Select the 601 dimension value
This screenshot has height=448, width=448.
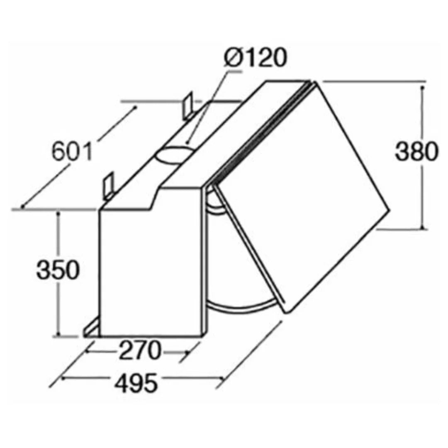[x=72, y=152]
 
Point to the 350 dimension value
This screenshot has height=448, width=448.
[x=57, y=270]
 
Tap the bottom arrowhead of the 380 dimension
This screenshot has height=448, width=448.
[x=423, y=226]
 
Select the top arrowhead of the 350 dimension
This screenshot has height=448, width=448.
[x=59, y=213]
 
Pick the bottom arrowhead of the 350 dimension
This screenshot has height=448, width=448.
[x=59, y=334]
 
